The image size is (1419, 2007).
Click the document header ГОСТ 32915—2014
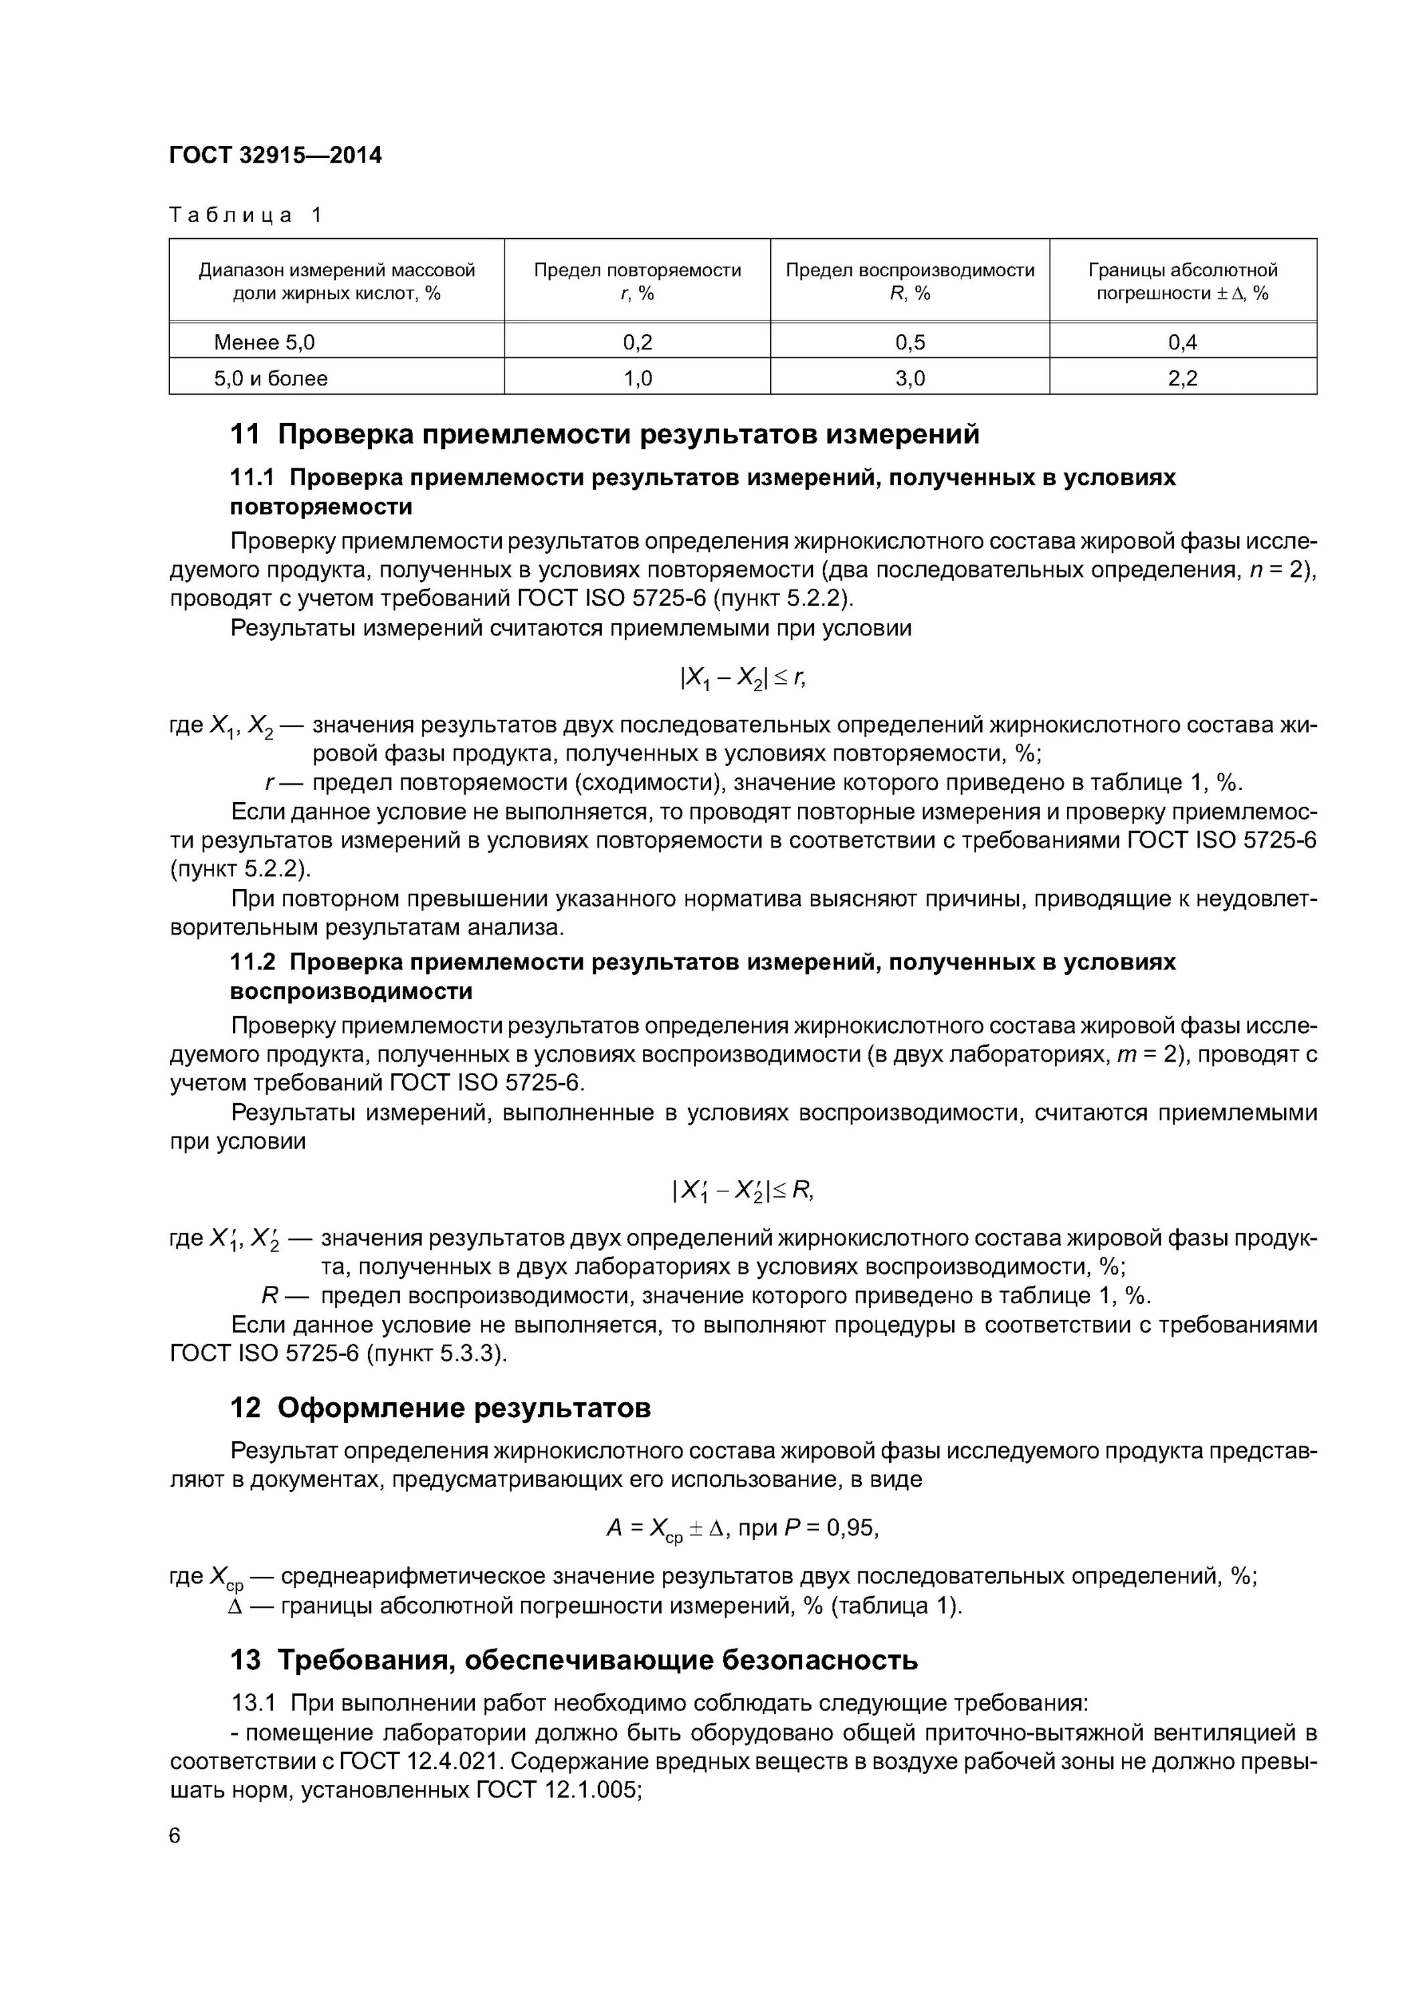click(276, 156)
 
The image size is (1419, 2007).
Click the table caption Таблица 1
click(246, 215)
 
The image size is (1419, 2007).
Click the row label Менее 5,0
click(264, 343)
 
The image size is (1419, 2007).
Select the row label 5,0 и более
click(271, 379)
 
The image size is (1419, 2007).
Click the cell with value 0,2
click(638, 343)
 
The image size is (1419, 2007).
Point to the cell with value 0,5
click(909, 343)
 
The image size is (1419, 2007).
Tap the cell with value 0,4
click(1182, 343)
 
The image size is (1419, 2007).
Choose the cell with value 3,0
click(909, 379)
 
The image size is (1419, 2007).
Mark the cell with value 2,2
click(1182, 379)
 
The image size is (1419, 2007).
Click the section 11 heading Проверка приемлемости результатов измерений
click(604, 434)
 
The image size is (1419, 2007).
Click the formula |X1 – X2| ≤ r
click(743, 678)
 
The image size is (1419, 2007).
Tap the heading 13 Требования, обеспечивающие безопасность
click(573, 1660)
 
